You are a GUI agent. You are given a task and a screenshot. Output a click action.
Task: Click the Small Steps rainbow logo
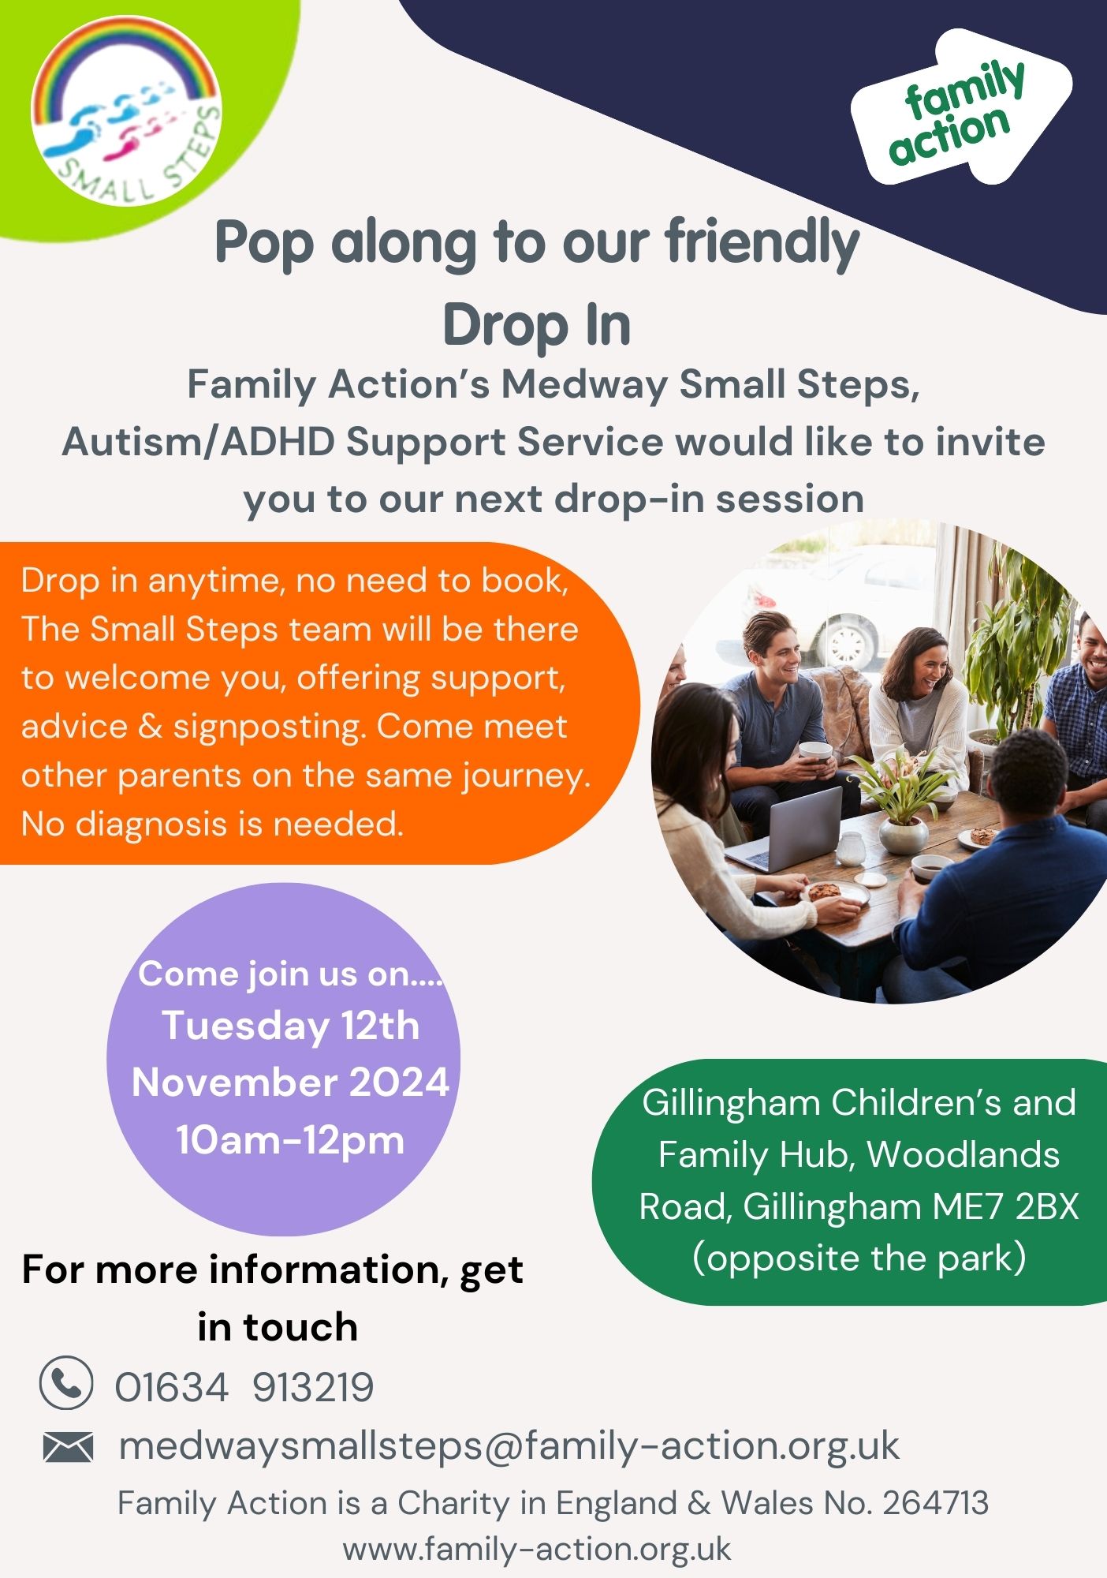point(126,110)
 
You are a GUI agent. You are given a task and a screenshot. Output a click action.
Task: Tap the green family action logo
point(960,109)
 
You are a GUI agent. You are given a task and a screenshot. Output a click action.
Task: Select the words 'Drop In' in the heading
point(537,325)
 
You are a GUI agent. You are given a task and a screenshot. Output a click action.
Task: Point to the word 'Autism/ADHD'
point(199,442)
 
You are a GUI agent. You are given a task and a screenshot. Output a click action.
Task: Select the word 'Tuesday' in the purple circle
point(245,1026)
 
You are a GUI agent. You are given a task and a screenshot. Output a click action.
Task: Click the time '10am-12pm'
point(290,1140)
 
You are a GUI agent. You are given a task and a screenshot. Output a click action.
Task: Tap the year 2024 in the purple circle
point(399,1082)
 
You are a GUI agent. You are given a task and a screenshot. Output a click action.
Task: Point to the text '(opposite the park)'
point(859,1258)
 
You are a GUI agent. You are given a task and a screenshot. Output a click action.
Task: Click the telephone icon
point(66,1382)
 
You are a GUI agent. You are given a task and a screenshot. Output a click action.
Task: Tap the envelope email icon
point(68,1447)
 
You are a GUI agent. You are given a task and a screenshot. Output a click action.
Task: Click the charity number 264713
point(935,1504)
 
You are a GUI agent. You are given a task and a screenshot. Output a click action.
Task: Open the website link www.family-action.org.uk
point(537,1550)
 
